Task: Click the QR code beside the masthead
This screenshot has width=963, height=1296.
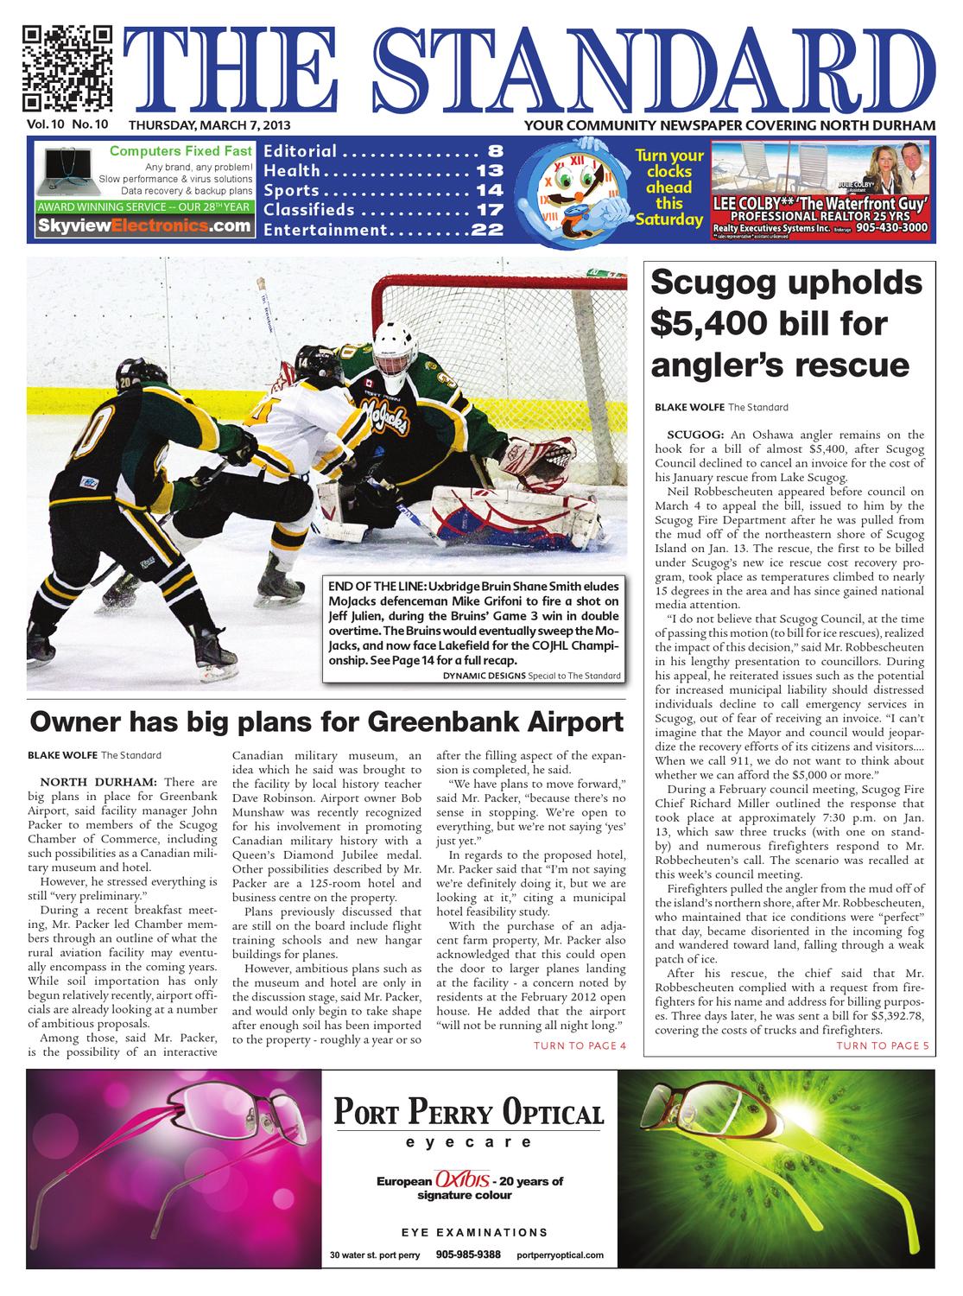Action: (67, 69)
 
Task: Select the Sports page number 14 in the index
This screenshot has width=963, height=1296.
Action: (489, 190)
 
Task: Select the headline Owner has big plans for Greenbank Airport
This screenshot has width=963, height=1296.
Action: (326, 721)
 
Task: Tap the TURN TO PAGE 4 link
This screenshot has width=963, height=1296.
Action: (579, 1046)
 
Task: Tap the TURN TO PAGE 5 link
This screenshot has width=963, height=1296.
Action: (883, 1046)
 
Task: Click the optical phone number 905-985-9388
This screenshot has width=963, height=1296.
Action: (468, 1254)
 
